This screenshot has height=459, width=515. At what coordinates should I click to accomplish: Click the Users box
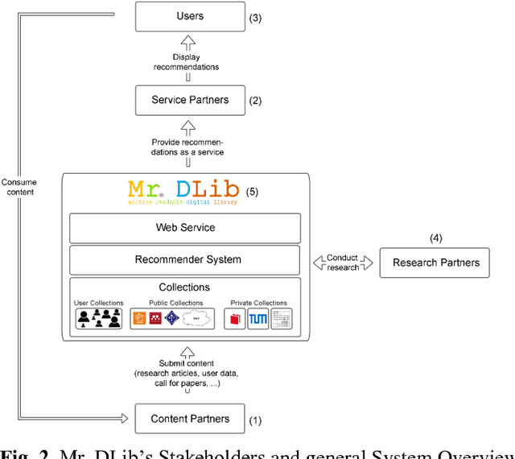tap(190, 16)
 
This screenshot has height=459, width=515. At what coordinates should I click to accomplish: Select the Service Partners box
tap(190, 100)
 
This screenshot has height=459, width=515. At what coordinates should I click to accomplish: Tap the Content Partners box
tap(190, 419)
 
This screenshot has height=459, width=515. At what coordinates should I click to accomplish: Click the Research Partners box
tap(435, 263)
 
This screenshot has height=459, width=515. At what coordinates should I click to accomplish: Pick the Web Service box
tap(185, 228)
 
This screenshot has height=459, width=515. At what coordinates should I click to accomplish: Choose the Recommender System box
tap(185, 260)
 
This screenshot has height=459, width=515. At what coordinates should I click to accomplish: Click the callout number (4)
tap(435, 238)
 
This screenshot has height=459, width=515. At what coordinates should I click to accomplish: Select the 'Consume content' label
tap(19, 187)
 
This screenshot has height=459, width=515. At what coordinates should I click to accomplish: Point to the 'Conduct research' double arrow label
tap(343, 263)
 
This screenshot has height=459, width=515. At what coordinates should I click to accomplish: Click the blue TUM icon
tap(258, 319)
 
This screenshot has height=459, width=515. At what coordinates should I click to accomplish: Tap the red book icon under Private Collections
tap(237, 319)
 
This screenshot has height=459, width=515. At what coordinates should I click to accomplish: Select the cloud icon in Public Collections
tap(196, 319)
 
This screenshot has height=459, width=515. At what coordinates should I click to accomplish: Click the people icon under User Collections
tap(100, 319)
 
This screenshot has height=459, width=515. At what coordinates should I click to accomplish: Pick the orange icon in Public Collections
tap(139, 319)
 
